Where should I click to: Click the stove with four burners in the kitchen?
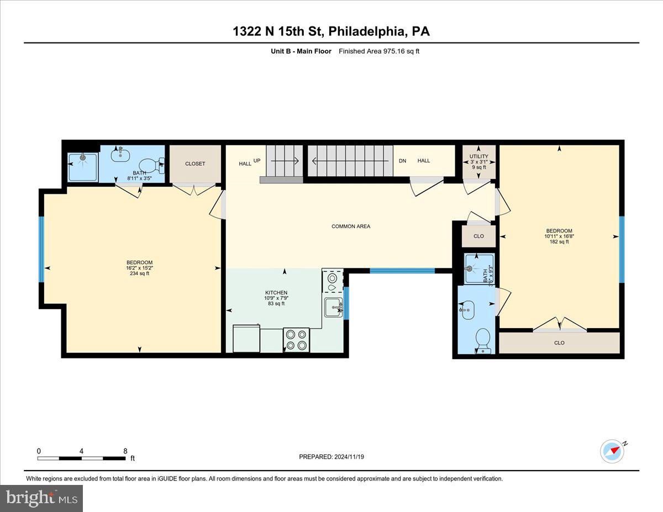pos(296,339)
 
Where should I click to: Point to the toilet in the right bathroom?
pos(482,340)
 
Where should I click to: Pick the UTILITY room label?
pos(478,156)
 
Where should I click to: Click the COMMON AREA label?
pos(351,226)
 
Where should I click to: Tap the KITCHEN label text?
pos(276,293)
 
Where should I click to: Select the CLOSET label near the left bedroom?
pos(195,164)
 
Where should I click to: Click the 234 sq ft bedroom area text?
pos(139,273)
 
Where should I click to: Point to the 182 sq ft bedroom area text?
pos(559,242)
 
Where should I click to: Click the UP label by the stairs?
pos(257,161)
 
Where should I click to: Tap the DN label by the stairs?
pos(403,161)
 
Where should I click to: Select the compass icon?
pos(612,451)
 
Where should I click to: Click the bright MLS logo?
pos(41,498)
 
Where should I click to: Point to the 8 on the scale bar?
pos(125,451)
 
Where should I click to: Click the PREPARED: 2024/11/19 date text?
pos(332,457)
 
